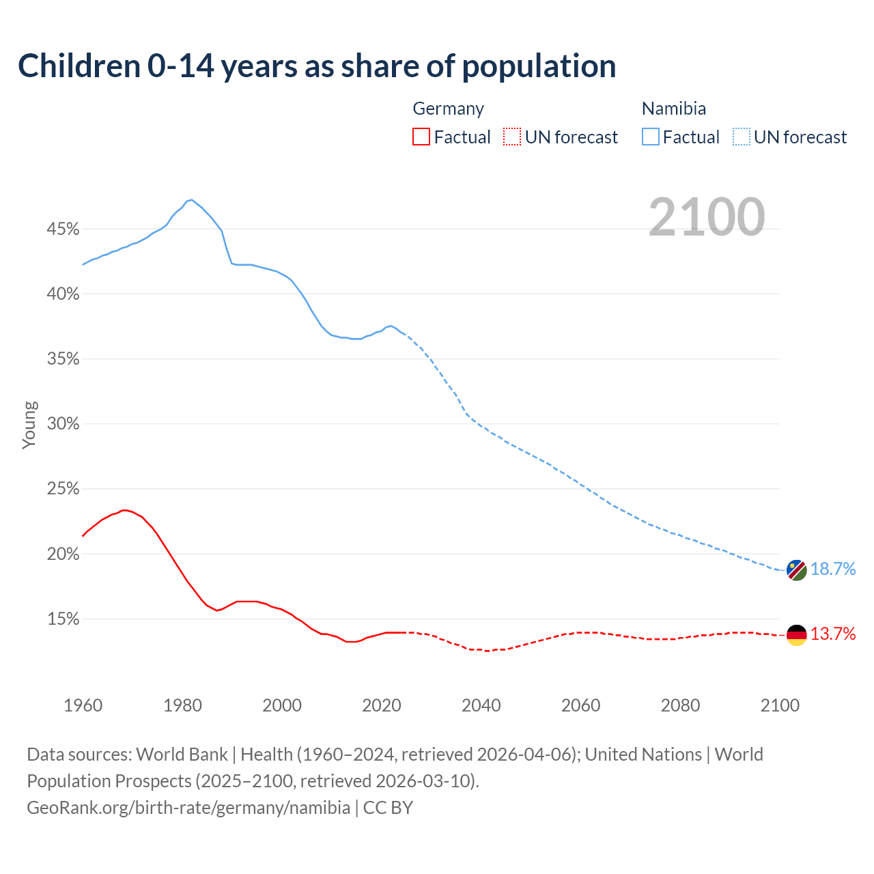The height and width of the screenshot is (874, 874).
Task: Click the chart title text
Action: click(317, 66)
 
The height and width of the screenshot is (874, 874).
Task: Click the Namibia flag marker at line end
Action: click(796, 569)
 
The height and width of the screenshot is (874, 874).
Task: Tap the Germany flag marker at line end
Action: click(796, 634)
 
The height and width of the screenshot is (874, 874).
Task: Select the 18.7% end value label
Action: click(833, 569)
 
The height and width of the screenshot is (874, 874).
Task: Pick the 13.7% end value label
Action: click(833, 634)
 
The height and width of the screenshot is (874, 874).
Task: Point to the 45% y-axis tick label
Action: click(63, 229)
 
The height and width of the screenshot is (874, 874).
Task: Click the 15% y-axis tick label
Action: click(63, 619)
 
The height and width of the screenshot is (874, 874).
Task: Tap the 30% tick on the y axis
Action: click(63, 424)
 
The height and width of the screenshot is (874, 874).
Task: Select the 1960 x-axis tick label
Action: click(83, 705)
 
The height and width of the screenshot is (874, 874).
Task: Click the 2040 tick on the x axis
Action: click(481, 705)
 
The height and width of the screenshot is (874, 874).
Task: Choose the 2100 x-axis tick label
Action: click(780, 705)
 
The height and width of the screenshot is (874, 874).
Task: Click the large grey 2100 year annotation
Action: click(707, 216)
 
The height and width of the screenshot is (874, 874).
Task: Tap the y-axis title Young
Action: click(29, 425)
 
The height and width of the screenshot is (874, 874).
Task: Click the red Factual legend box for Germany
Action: click(421, 137)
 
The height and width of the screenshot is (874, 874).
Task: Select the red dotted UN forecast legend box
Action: click(512, 137)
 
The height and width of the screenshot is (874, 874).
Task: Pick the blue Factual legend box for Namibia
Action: click(651, 137)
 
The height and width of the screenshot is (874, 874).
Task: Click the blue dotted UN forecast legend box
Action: click(741, 137)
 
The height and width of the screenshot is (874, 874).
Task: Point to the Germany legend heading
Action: click(448, 109)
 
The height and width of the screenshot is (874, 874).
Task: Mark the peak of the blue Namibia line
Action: click(191, 199)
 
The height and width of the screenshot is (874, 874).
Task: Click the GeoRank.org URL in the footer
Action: click(188, 808)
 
